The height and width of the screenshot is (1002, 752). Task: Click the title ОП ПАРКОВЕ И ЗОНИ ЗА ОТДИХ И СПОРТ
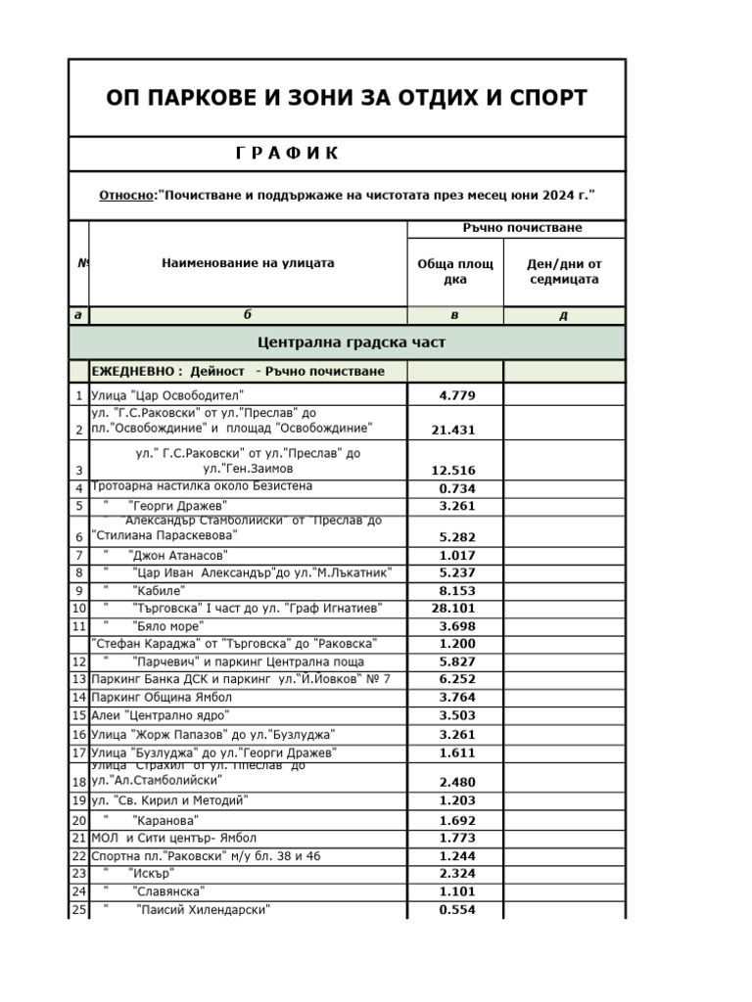click(x=346, y=98)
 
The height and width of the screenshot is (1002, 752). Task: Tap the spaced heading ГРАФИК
click(x=287, y=154)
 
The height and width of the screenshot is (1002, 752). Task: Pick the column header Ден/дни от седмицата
click(x=563, y=272)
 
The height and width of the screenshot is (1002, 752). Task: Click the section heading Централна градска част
click(x=351, y=342)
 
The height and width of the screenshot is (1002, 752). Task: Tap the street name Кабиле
click(x=159, y=591)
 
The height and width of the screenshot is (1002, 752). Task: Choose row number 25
click(x=78, y=910)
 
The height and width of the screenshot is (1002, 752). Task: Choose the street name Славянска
click(x=168, y=891)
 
